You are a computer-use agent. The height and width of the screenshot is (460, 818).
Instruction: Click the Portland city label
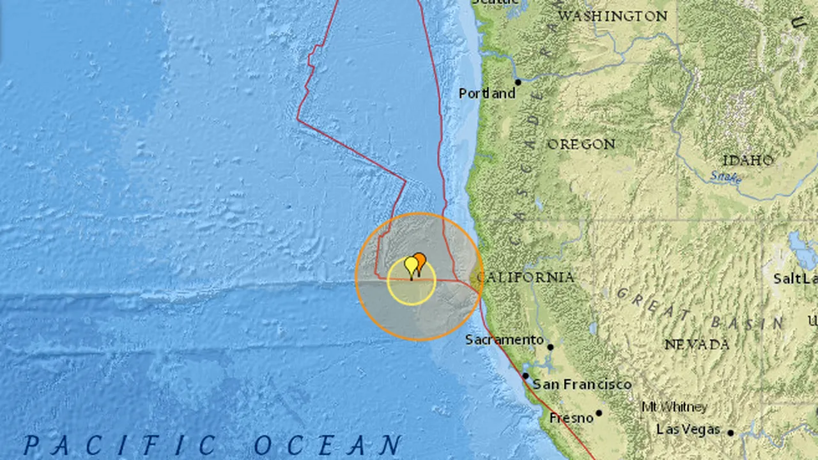487,93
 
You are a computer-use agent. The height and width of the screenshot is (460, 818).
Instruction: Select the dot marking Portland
518,82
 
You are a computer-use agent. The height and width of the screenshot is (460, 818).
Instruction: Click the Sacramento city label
504,340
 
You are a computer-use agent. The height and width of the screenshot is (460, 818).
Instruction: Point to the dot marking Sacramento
550,348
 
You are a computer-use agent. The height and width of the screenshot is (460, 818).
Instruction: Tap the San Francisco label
582,384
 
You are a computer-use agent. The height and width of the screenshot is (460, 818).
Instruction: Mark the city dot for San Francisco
525,376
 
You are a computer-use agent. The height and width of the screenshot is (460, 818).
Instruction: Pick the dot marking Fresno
599,413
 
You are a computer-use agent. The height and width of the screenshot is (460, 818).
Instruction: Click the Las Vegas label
688,429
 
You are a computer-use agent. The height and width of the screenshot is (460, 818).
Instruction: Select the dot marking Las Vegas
730,433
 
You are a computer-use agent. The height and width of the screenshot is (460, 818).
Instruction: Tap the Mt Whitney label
674,407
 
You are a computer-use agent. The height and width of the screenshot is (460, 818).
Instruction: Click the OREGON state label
581,144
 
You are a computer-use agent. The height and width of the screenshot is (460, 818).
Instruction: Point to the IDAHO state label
748,160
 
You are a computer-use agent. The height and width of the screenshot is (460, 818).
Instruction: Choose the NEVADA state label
697,344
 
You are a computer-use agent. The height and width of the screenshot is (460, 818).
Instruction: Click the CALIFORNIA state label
525,277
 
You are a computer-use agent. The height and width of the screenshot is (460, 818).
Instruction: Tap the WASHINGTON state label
613,16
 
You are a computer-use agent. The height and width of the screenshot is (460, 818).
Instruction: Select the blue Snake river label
725,176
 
